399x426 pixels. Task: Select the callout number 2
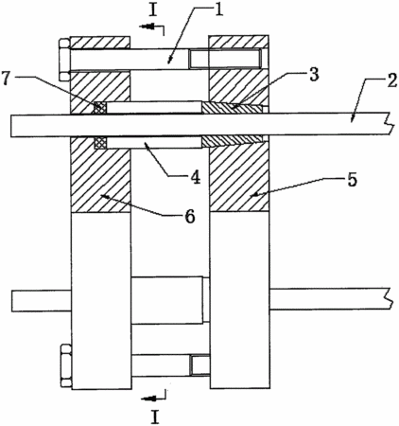pos(391,81)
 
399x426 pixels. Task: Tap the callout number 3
pos(313,76)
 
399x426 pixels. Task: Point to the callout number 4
pos(196,177)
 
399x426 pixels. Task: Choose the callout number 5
pos(352,180)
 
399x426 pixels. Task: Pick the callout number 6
pos(190,217)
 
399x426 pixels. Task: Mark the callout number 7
pos(7,78)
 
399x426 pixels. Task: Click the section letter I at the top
pos(153,10)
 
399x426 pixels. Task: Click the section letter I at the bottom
pos(155,417)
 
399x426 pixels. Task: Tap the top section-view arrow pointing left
pos(148,27)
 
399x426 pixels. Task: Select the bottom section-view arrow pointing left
pos(150,399)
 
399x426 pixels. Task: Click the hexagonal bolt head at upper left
pos(64,60)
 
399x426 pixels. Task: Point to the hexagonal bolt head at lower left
pos(66,366)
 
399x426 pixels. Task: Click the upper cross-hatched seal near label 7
pos(100,108)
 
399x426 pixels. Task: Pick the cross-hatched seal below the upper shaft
pos(101,143)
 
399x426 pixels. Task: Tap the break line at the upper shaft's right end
pos(389,124)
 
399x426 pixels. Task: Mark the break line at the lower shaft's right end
pos(389,298)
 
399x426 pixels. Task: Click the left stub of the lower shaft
pos(42,301)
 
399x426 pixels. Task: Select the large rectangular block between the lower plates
pos(167,300)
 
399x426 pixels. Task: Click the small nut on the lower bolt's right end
pos(199,365)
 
